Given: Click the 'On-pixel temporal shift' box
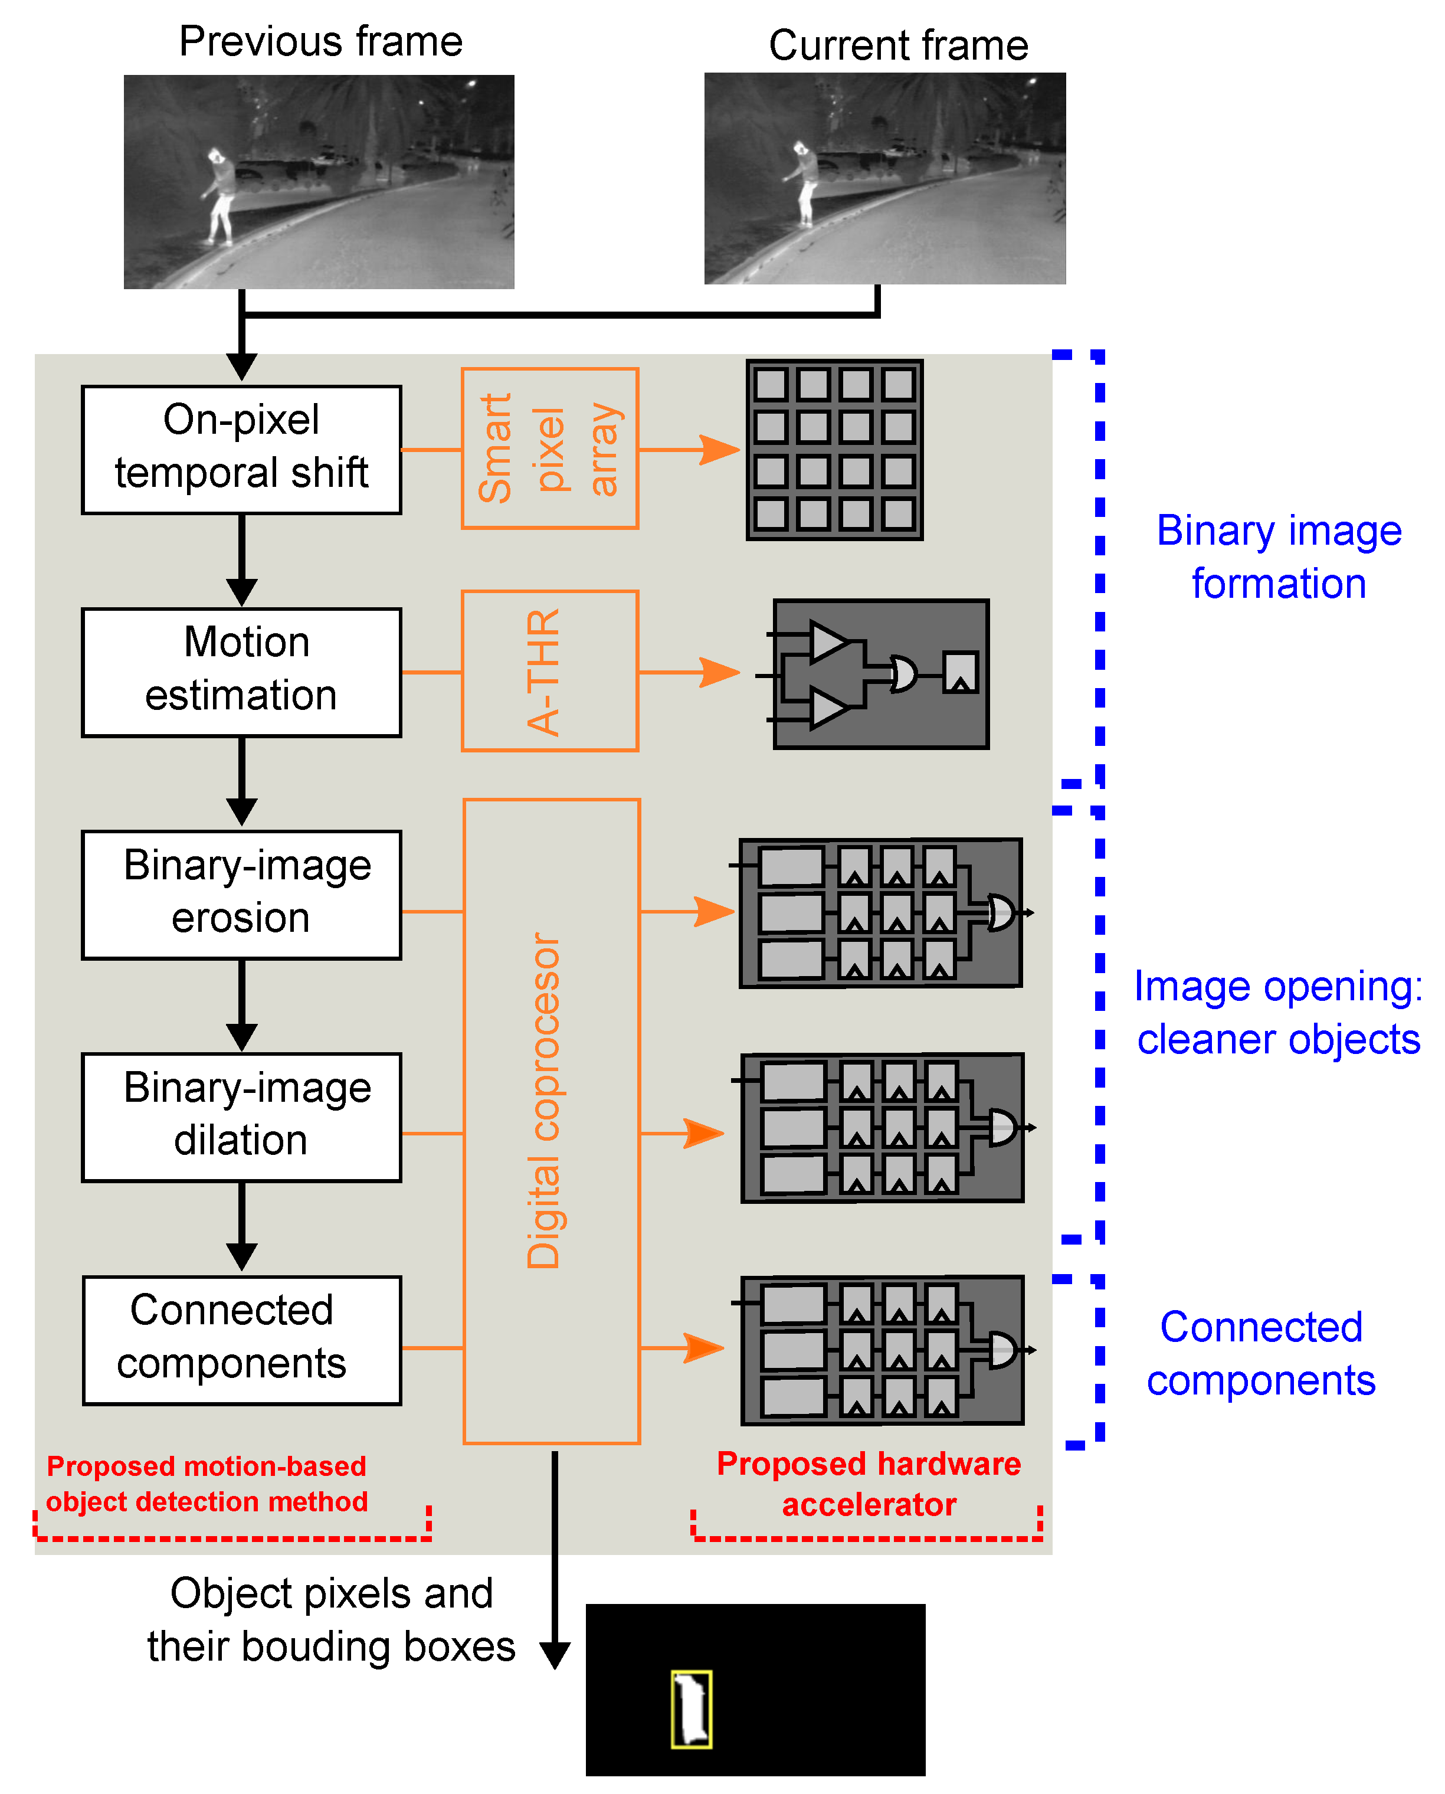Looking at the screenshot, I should [241, 450].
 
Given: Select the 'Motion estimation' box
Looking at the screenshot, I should [241, 672].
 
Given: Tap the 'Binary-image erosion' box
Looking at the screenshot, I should [241, 895].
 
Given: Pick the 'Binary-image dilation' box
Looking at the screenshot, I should [241, 1117].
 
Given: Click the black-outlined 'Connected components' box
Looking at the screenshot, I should [241, 1340].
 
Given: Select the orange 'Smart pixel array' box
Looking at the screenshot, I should [550, 448].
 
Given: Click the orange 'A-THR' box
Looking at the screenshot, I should [550, 671].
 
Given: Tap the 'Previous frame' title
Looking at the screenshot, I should [320, 42].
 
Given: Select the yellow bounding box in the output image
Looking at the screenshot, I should [691, 1709].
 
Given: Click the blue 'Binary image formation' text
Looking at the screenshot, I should [1279, 557].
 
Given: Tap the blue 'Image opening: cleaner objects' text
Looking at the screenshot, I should [1279, 1012].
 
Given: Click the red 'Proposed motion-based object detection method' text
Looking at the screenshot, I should [207, 1484].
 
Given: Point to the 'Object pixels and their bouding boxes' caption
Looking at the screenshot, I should [331, 1619].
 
